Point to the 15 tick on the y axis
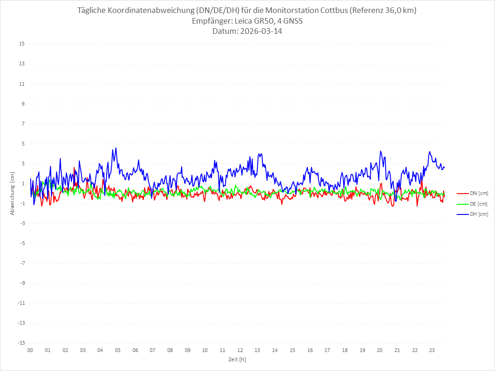tap(22, 44)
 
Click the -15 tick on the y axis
tap(21, 343)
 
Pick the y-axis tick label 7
tap(23, 124)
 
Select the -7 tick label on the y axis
tap(22, 263)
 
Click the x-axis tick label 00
tap(30, 350)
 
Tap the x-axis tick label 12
tap(240, 350)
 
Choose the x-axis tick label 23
tap(432, 350)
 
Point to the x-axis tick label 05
tap(118, 350)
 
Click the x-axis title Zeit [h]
tap(237, 359)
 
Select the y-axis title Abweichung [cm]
tap(13, 193)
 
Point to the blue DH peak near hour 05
tap(116, 148)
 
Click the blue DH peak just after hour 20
tap(381, 151)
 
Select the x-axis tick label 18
tap(345, 350)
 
